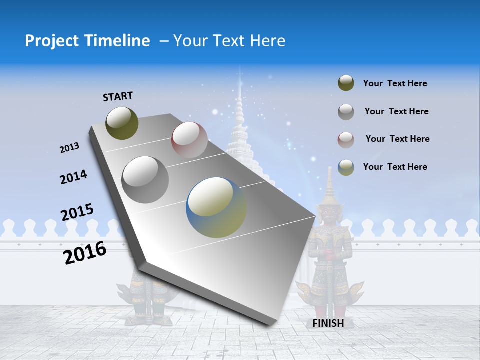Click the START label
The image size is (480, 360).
tap(118, 96)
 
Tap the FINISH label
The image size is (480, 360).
tap(328, 323)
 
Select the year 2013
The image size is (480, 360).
tap(70, 148)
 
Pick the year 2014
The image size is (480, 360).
tap(73, 177)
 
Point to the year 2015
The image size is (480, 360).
tap(77, 212)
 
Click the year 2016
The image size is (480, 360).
tap(85, 253)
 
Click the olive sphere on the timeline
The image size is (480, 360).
tap(122, 123)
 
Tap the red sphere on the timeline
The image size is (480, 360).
tap(189, 139)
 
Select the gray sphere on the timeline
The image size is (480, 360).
tap(145, 179)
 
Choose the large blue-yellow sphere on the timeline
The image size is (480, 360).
tap(216, 207)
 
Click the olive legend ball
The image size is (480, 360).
tap(346, 83)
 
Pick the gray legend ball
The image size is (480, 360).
tap(346, 112)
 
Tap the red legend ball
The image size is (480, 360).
tap(346, 139)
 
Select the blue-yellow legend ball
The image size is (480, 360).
tap(346, 167)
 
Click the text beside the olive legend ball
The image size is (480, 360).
tap(395, 84)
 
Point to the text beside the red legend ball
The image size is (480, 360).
tap(397, 139)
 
